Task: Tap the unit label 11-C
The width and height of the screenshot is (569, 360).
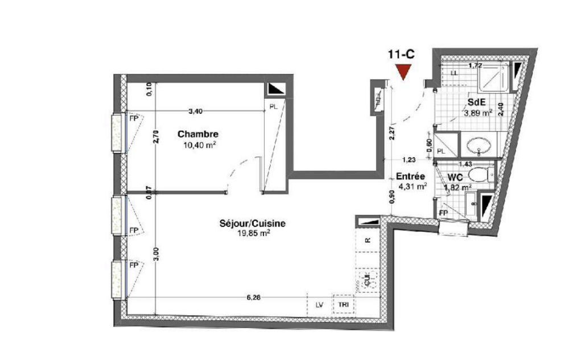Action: tap(401, 55)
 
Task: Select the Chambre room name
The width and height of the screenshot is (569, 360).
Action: tap(198, 135)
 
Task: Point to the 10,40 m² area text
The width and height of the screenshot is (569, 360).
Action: tap(199, 145)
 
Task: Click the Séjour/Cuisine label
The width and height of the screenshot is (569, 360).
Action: tap(252, 224)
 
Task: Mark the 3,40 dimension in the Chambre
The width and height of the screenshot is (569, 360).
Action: tap(195, 111)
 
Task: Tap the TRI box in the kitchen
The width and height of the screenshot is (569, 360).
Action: tap(343, 305)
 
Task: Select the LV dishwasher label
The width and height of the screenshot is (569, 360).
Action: tap(320, 305)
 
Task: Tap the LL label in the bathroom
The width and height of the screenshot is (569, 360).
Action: tap(454, 73)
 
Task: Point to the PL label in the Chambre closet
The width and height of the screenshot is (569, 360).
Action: tap(274, 106)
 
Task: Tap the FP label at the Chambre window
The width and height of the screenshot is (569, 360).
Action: tap(134, 119)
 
